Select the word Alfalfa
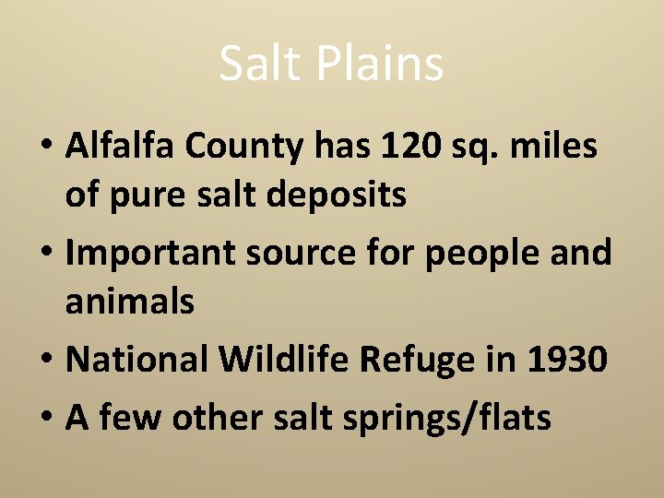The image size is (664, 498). tap(119, 145)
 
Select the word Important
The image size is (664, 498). tap(148, 253)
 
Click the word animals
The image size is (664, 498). tap(129, 302)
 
